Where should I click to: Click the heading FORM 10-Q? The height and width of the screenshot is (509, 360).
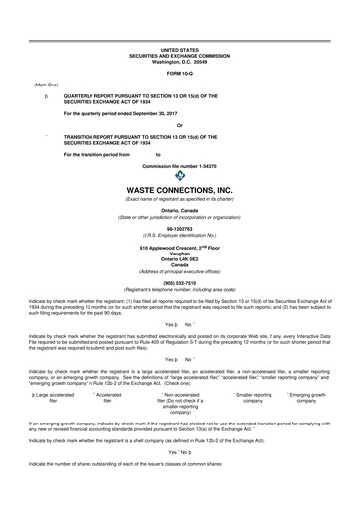click(x=180, y=74)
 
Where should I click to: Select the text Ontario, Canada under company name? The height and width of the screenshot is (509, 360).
click(x=180, y=213)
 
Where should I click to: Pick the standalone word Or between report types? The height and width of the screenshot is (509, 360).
click(x=180, y=124)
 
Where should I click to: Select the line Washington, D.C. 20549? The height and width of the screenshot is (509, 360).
click(x=180, y=60)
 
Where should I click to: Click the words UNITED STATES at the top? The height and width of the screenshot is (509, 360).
click(x=180, y=48)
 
